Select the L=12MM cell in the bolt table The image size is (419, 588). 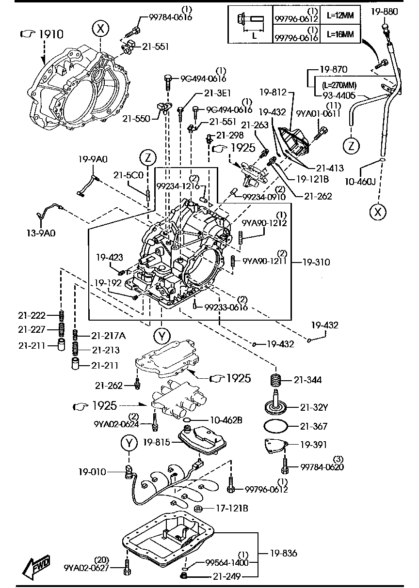339,15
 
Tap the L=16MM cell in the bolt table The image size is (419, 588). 339,35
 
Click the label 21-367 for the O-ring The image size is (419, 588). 314,427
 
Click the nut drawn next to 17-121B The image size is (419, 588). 198,508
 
